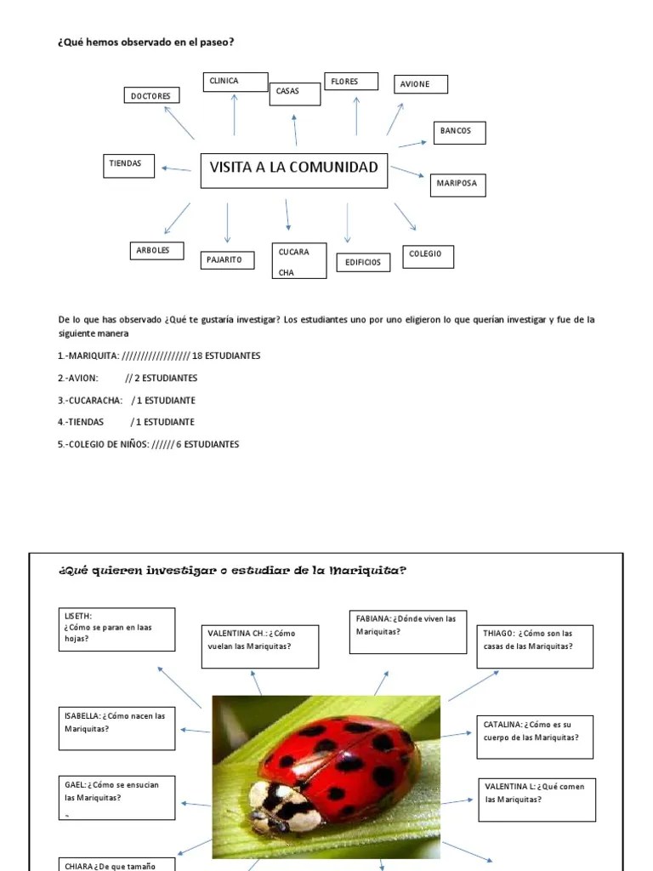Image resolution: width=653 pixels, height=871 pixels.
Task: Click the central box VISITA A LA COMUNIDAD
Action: point(293,169)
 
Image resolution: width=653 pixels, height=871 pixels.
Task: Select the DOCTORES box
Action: point(150,97)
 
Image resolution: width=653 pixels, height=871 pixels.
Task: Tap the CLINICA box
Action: point(236,82)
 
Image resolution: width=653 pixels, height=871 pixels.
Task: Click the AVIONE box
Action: point(421,84)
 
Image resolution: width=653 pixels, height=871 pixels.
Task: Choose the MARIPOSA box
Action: point(457,184)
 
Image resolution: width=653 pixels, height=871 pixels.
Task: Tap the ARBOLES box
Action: point(156,251)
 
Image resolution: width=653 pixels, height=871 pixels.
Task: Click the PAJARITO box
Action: point(227,259)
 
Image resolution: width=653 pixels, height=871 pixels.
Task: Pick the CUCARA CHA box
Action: point(298,261)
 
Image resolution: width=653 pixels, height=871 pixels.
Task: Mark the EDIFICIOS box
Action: point(363,263)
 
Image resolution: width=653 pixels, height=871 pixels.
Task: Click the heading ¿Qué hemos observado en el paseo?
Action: point(145,41)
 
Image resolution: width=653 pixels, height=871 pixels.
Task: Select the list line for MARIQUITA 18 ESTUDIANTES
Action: point(159,356)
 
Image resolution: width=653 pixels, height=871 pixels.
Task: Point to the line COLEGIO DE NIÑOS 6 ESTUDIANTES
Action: point(149,444)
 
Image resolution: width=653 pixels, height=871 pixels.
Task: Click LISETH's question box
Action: point(119,629)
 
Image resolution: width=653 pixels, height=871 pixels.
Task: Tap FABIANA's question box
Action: point(407,631)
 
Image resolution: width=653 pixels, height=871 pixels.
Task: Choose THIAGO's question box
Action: point(536,646)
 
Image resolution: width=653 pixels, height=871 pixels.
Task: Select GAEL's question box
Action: point(119,798)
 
